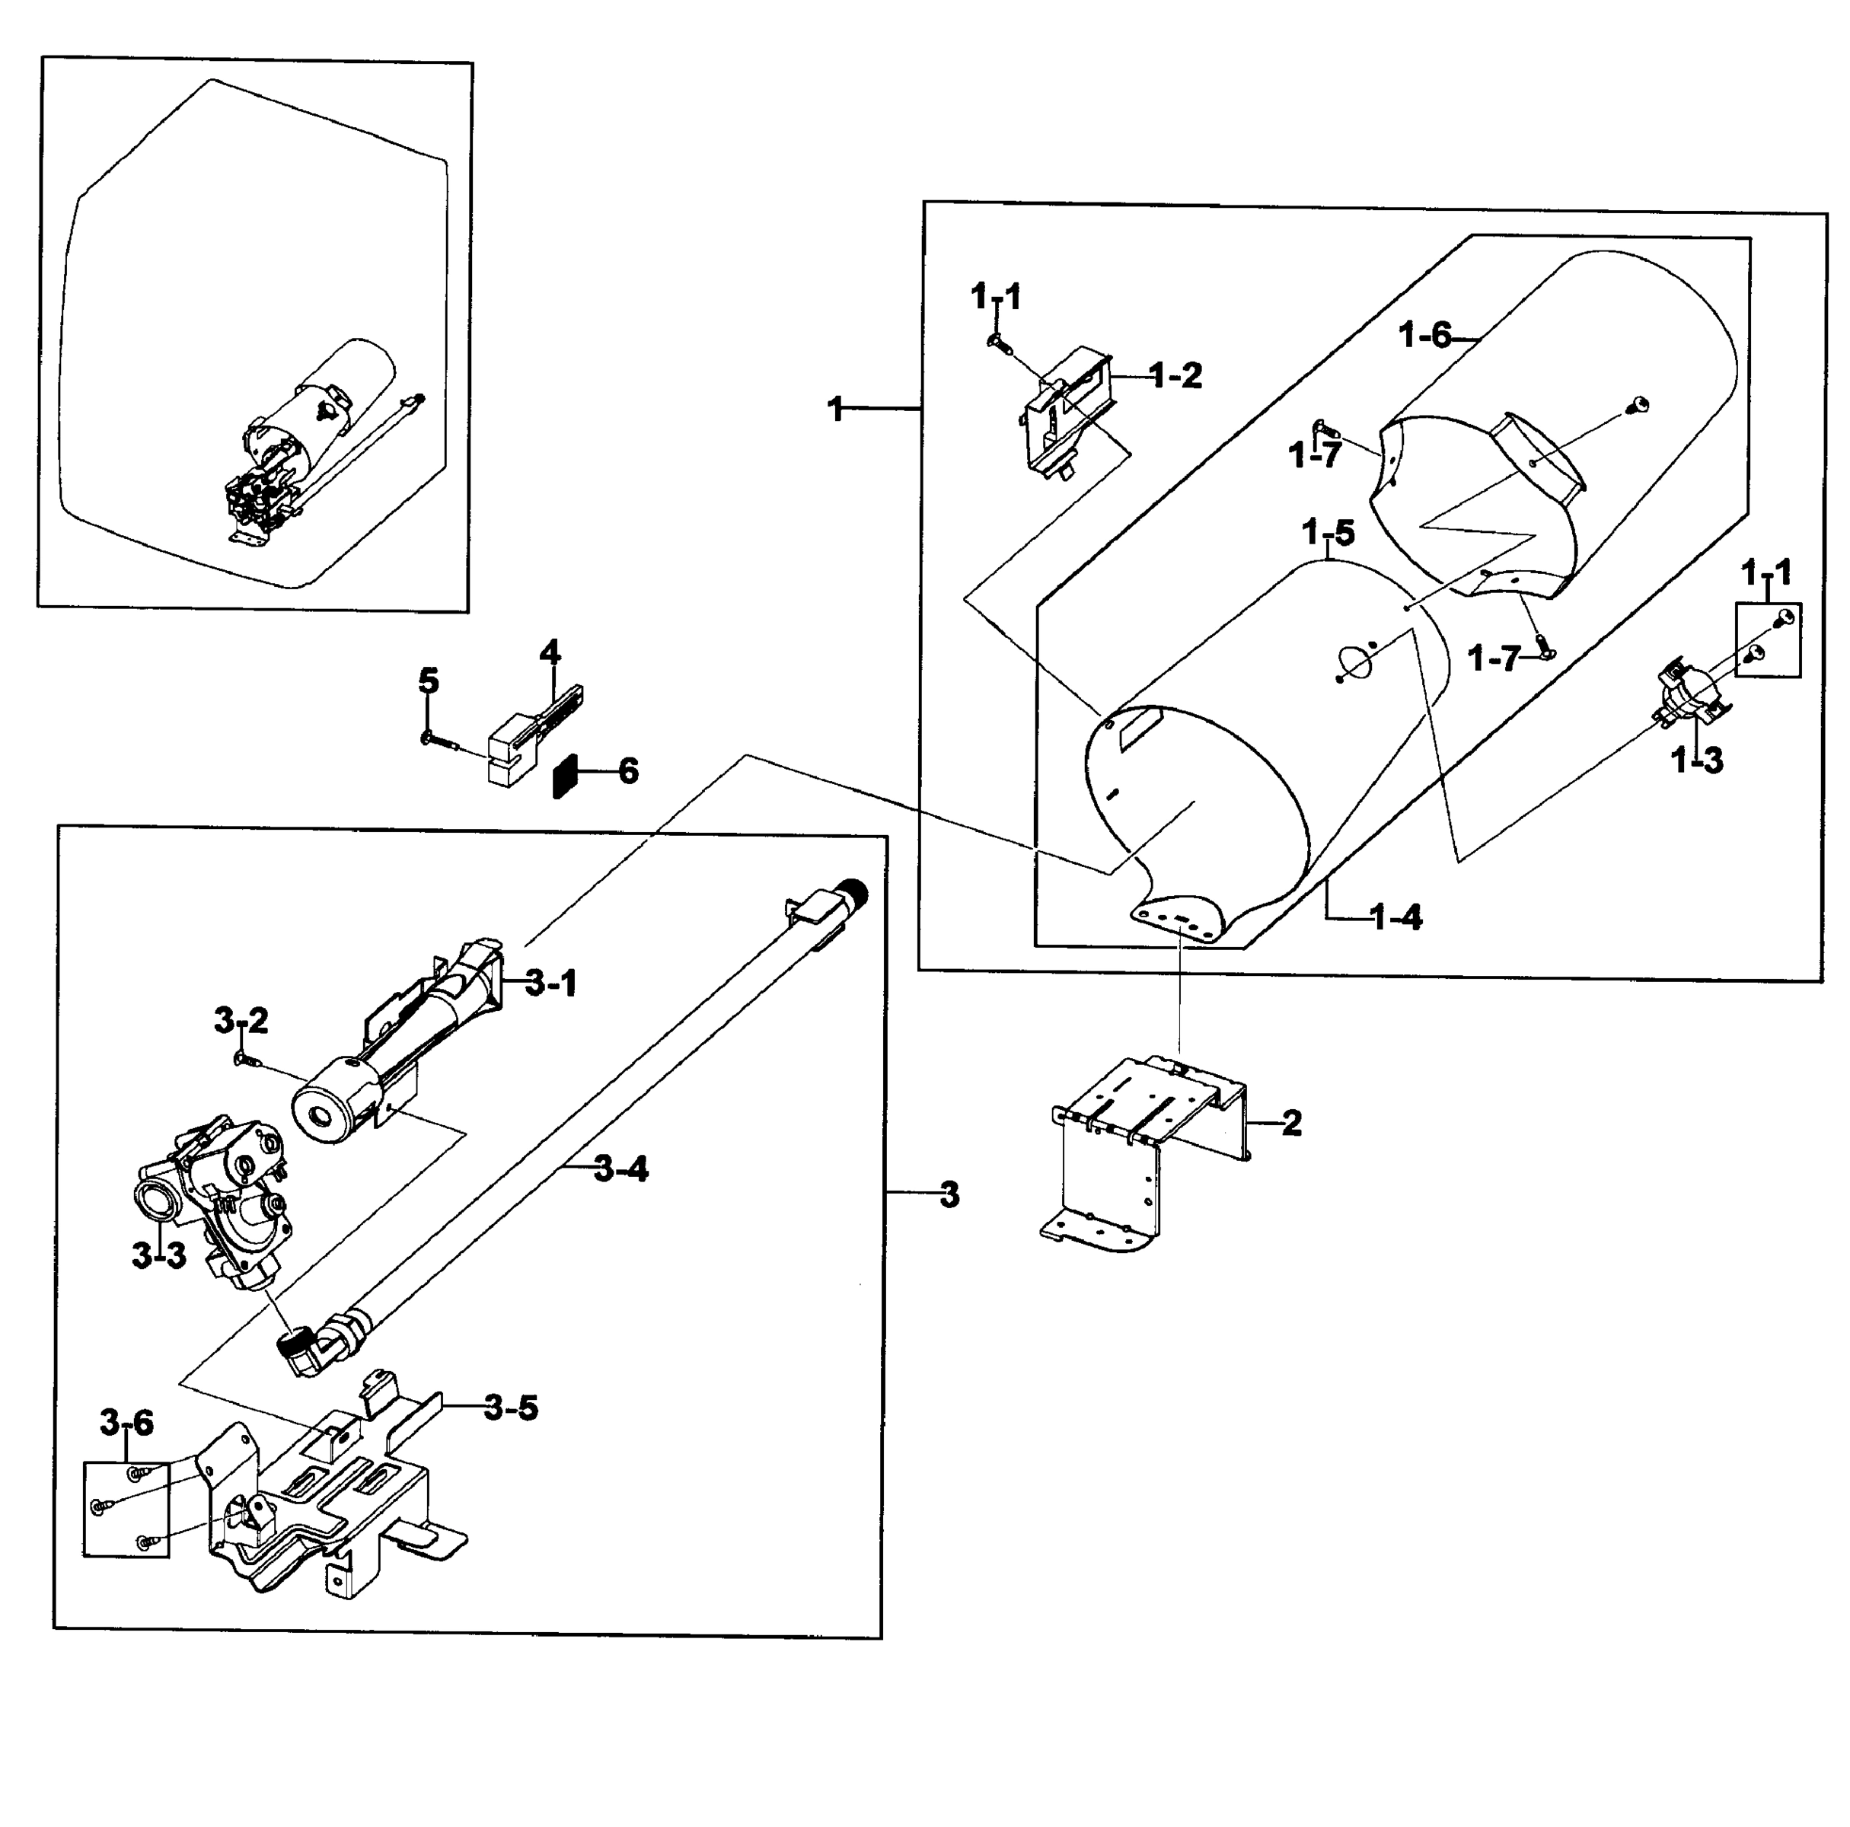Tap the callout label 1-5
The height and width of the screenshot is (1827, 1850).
click(1329, 532)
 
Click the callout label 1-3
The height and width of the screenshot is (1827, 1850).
click(1697, 760)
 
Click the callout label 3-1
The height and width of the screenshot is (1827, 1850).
click(551, 983)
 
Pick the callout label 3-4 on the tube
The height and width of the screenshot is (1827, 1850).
click(620, 1169)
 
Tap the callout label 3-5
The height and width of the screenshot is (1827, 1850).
click(510, 1408)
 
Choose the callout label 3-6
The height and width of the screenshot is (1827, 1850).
click(126, 1424)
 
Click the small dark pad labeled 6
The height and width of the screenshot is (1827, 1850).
click(566, 776)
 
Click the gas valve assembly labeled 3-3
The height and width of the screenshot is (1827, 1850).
click(218, 1197)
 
